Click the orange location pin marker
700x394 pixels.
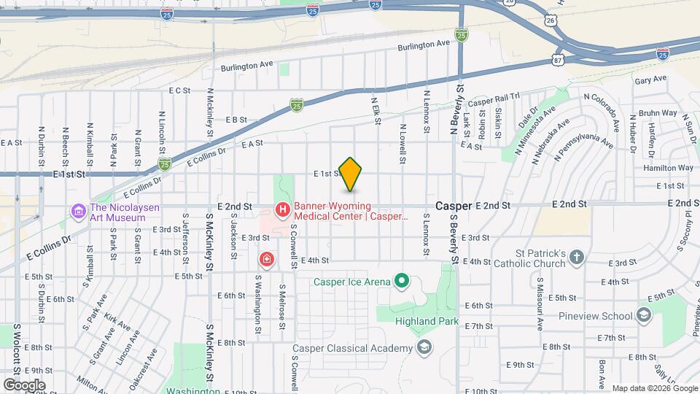pos(350,174)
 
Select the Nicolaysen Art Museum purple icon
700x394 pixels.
pos(79,212)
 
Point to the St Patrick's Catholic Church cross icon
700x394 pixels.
pos(576,258)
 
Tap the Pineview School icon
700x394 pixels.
pos(643,315)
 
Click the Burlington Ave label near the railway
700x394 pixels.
pos(424,45)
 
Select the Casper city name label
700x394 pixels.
pos(453,206)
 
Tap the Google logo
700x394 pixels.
pos(24,385)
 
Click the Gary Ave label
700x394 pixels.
pos(650,80)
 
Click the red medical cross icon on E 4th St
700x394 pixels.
pos(268,259)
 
